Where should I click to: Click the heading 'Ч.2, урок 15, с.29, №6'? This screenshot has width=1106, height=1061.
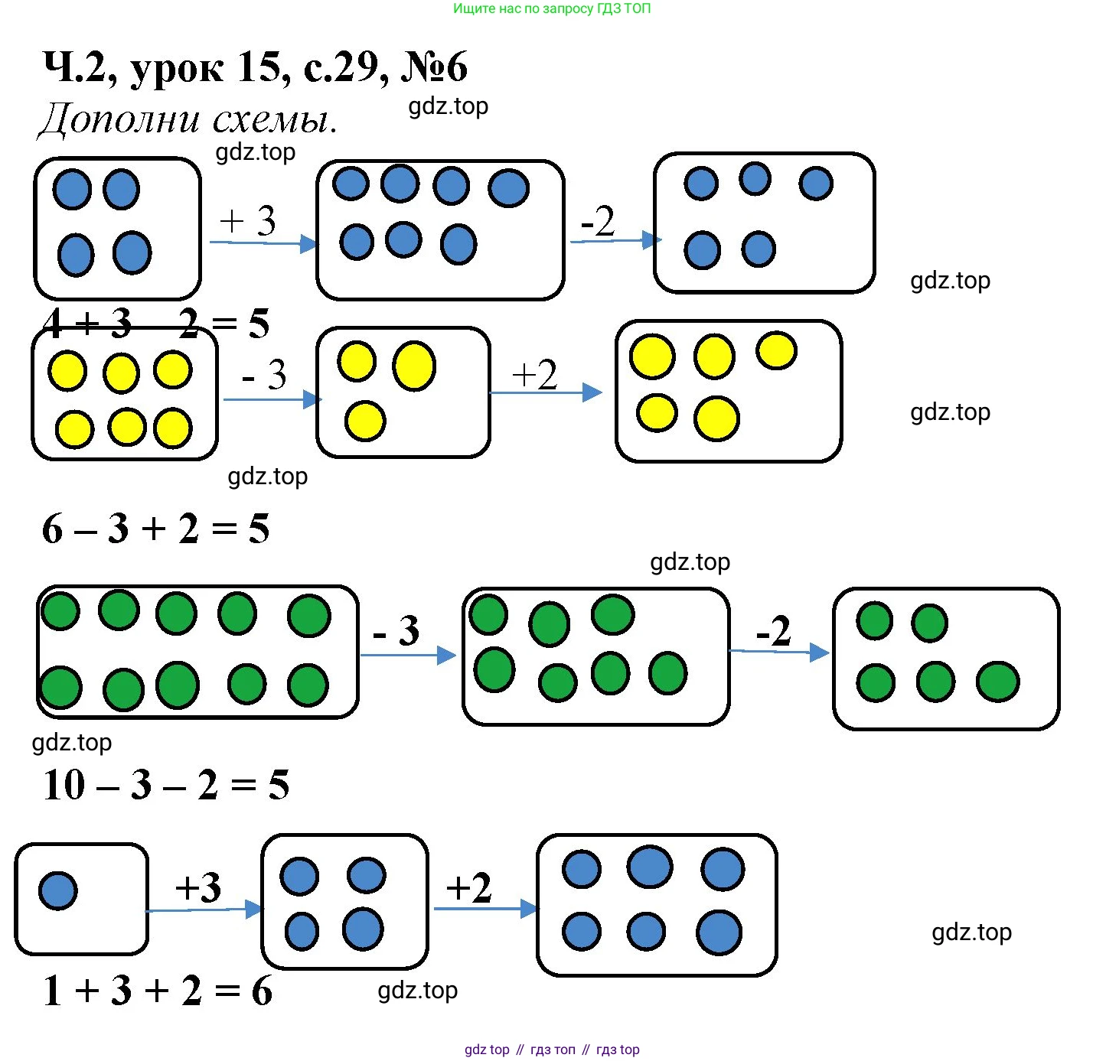pyautogui.click(x=255, y=67)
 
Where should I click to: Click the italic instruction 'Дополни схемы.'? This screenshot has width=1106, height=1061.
pyautogui.click(x=188, y=120)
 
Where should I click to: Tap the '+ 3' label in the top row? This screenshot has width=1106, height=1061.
pyautogui.click(x=248, y=221)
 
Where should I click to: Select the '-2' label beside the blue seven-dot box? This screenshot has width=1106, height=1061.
pyautogui.click(x=598, y=221)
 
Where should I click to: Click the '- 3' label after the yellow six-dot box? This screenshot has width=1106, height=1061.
pyautogui.click(x=264, y=375)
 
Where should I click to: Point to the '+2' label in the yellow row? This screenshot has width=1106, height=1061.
pyautogui.click(x=534, y=375)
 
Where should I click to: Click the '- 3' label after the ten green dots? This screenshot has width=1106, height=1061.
pyautogui.click(x=396, y=630)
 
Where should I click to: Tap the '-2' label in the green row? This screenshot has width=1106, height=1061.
pyautogui.click(x=773, y=631)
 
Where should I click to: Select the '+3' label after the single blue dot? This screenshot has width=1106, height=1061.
pyautogui.click(x=198, y=887)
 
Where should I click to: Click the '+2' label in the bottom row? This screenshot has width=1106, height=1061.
pyautogui.click(x=468, y=887)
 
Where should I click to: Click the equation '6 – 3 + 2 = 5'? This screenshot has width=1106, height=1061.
pyautogui.click(x=156, y=529)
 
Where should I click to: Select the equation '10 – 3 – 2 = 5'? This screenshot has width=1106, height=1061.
pyautogui.click(x=166, y=785)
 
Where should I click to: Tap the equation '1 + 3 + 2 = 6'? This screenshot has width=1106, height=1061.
pyautogui.click(x=158, y=991)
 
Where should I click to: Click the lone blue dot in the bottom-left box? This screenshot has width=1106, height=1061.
pyautogui.click(x=58, y=890)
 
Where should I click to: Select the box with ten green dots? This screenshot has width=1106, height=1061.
pyautogui.click(x=197, y=652)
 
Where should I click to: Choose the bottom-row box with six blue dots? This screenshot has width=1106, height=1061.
pyautogui.click(x=657, y=905)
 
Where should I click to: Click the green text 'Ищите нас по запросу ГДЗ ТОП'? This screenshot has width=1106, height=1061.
pyautogui.click(x=552, y=9)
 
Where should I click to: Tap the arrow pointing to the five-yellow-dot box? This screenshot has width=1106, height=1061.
pyautogui.click(x=546, y=393)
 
